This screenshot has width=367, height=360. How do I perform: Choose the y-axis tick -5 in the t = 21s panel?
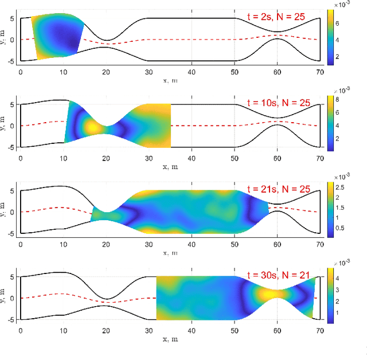pyautogui.click(x=12, y=233)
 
